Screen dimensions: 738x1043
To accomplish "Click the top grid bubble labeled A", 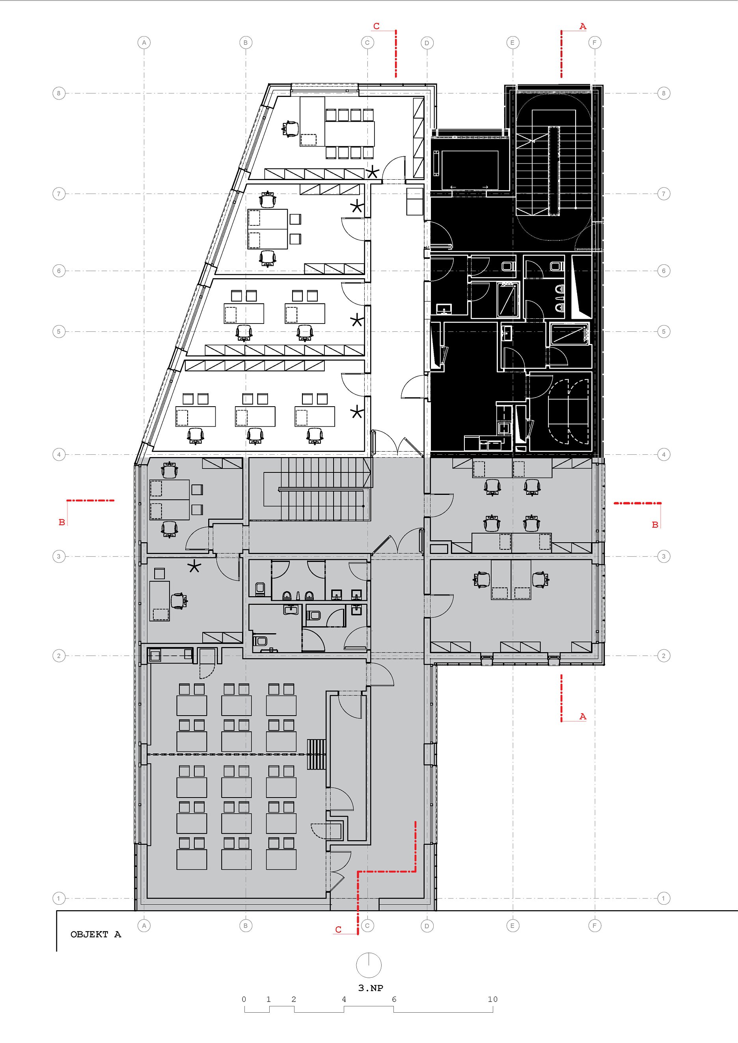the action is click(x=144, y=43).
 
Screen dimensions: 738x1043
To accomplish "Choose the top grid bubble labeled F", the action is click(x=594, y=43).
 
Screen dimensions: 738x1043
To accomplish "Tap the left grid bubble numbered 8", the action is click(x=59, y=93).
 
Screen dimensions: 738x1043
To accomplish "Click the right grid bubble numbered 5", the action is click(x=663, y=332).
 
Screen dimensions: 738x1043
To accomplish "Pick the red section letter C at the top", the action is click(x=376, y=26).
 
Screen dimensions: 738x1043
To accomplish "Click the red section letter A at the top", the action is click(x=583, y=26).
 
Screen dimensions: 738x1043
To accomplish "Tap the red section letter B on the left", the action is click(x=62, y=522).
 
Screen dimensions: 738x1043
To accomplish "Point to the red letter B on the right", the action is click(x=655, y=525).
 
